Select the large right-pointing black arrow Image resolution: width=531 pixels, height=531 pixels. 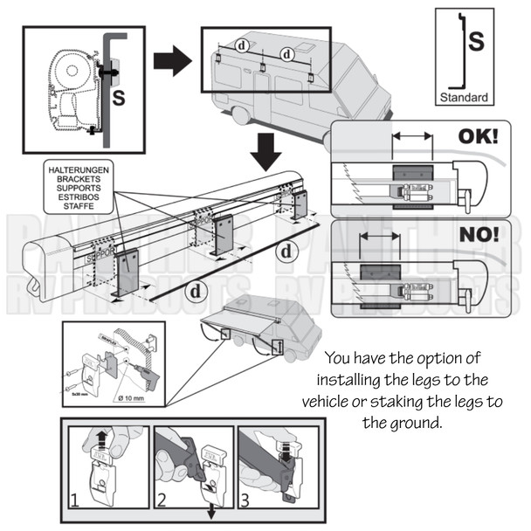pyautogui.click(x=172, y=62)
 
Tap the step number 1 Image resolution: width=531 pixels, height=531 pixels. pyautogui.click(x=75, y=501)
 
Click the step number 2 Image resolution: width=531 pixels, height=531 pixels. pyautogui.click(x=161, y=501)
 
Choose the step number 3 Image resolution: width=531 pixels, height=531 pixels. pyautogui.click(x=245, y=501)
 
